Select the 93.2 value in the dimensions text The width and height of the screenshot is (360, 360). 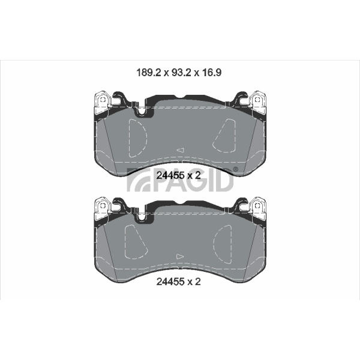pyautogui.click(x=181, y=73)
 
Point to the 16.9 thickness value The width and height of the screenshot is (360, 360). pyautogui.click(x=212, y=73)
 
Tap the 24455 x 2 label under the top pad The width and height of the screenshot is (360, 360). pyautogui.click(x=179, y=176)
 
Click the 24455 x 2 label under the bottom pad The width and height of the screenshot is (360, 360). pyautogui.click(x=179, y=281)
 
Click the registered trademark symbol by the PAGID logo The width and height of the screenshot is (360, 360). pyautogui.click(x=236, y=169)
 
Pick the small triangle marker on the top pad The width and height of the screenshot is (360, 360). pyautogui.click(x=181, y=150)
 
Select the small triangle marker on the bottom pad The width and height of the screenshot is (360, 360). pyautogui.click(x=180, y=256)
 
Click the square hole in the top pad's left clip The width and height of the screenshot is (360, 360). pyautogui.click(x=103, y=100)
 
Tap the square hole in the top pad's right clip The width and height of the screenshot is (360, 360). pyautogui.click(x=257, y=100)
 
